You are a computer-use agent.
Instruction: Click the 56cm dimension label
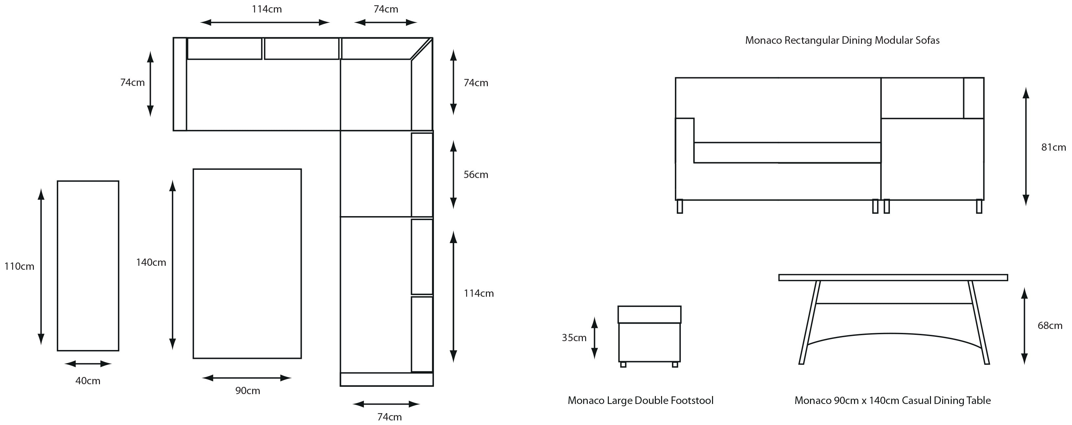(476, 174)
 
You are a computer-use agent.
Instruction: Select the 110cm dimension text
(19, 266)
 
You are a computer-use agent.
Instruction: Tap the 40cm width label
(88, 381)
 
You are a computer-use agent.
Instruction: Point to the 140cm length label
(151, 262)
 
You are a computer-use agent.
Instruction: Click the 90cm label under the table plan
(248, 391)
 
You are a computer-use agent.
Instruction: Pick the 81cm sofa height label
(1053, 147)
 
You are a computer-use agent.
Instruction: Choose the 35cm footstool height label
(574, 337)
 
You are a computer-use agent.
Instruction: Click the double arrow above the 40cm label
(88, 364)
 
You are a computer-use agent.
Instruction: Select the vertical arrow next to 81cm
(1026, 146)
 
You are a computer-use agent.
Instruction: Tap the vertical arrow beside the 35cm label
(594, 337)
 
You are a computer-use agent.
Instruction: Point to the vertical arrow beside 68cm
(1025, 326)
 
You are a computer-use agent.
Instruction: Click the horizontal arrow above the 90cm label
(247, 378)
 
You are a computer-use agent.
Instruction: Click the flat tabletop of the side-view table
(893, 278)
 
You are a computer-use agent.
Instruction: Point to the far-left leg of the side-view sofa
(680, 207)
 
